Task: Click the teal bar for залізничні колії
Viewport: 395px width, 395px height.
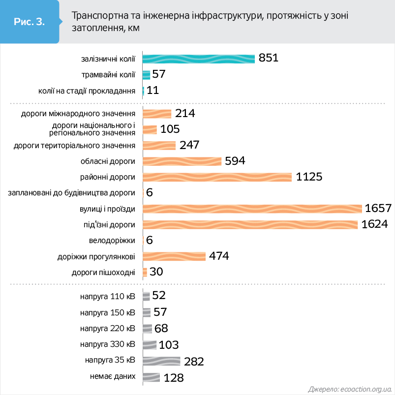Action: pyautogui.click(x=198, y=59)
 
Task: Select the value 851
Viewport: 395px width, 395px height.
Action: pyautogui.click(x=269, y=58)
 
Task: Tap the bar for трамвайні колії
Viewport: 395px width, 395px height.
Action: pyautogui.click(x=146, y=75)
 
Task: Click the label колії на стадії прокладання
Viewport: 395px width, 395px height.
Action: pyautogui.click(x=87, y=91)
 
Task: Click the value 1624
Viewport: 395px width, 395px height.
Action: pyautogui.click(x=375, y=224)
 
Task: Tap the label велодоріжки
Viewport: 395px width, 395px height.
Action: pyautogui.click(x=112, y=241)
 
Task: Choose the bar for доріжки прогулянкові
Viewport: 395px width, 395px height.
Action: pyautogui.click(x=174, y=256)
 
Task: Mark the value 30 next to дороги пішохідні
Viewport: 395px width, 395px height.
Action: pyautogui.click(x=156, y=272)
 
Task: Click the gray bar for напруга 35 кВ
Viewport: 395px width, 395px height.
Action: pyautogui.click(x=161, y=361)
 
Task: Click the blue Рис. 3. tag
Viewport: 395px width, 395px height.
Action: pyautogui.click(x=30, y=22)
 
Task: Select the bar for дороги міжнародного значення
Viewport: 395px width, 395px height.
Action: pyautogui.click(x=156, y=114)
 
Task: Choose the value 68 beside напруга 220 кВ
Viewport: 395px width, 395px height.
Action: pyautogui.click(x=161, y=328)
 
